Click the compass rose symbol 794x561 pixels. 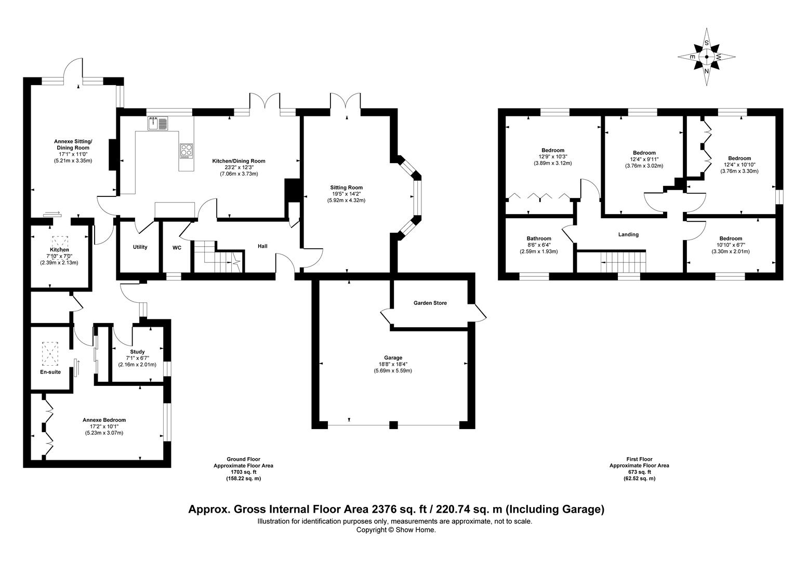[x=706, y=57]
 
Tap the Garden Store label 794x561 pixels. [x=430, y=303]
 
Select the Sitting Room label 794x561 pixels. [x=346, y=188]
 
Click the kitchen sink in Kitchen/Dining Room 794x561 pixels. [x=158, y=124]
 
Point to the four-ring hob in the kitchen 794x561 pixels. [x=186, y=150]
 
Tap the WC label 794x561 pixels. [x=177, y=248]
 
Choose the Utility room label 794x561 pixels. [x=140, y=247]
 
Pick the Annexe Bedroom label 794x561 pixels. [x=104, y=420]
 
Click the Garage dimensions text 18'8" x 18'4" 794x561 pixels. [x=393, y=364]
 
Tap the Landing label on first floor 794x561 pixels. [x=628, y=235]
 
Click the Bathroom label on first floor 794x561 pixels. [x=538, y=239]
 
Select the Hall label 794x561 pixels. [x=262, y=246]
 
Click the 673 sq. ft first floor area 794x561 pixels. [x=639, y=472]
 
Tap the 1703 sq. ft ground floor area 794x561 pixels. [x=243, y=472]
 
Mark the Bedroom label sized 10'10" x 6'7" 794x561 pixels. [x=731, y=238]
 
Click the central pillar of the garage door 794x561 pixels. [x=393, y=425]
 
